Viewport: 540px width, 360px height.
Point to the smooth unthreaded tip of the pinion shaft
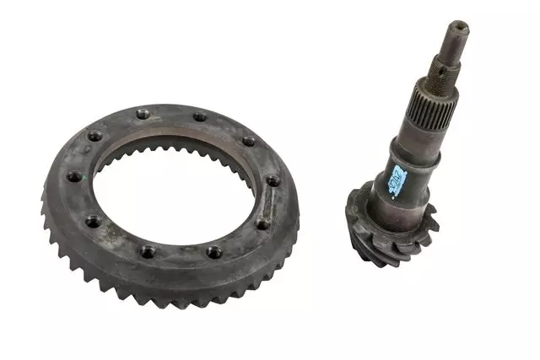coord(456,39)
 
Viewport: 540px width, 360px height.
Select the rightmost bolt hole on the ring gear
coord(273,181)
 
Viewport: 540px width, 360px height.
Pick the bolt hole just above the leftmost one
coord(94,135)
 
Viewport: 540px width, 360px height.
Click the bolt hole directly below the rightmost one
coord(263,223)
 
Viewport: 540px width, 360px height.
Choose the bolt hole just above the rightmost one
coord(248,141)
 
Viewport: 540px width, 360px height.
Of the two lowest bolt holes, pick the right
coord(213,251)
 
